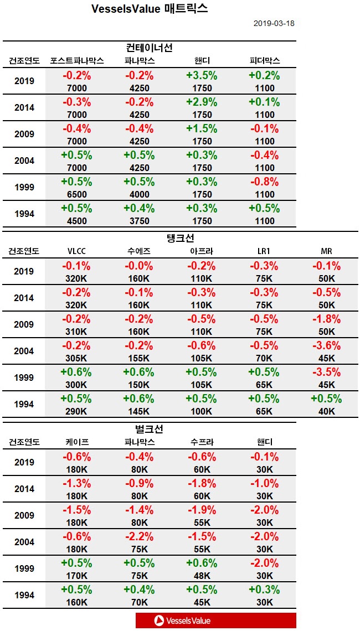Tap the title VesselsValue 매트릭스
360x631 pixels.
tap(150, 9)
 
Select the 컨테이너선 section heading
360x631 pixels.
tap(150, 48)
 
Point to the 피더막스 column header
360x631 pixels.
tap(265, 60)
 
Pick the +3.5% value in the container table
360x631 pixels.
tap(202, 76)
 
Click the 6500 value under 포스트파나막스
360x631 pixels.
tap(76, 194)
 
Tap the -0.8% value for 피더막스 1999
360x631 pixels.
tap(265, 182)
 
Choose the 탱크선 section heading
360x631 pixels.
tap(181, 238)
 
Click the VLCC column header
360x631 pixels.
tap(76, 251)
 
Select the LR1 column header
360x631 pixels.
tap(265, 251)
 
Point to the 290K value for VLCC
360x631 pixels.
tap(76, 411)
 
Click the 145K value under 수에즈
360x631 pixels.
tap(139, 411)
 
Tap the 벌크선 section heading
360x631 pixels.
tap(150, 429)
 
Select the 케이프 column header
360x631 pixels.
tap(76, 442)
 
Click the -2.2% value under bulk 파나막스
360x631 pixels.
tap(139, 537)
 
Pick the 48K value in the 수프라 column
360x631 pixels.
tap(202, 576)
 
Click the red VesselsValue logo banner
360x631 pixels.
tap(215, 620)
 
